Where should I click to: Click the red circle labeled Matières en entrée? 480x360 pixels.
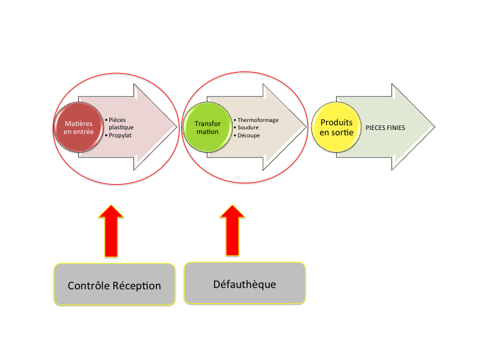coord(79,127)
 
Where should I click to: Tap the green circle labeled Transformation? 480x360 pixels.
coord(207,127)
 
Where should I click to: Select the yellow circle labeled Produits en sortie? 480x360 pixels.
coord(337,127)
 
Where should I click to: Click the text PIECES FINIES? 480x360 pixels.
coord(385,127)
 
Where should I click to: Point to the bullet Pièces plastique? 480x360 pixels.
coord(121,123)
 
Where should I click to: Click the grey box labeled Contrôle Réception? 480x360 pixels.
coord(115,285)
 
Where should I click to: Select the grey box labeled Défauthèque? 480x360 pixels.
coord(244,283)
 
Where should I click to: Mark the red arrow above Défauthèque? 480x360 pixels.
coord(233,230)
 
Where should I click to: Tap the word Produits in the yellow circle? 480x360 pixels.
coord(337,122)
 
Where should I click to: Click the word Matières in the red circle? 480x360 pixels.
coord(79,123)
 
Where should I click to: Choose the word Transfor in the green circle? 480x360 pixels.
coord(207,123)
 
